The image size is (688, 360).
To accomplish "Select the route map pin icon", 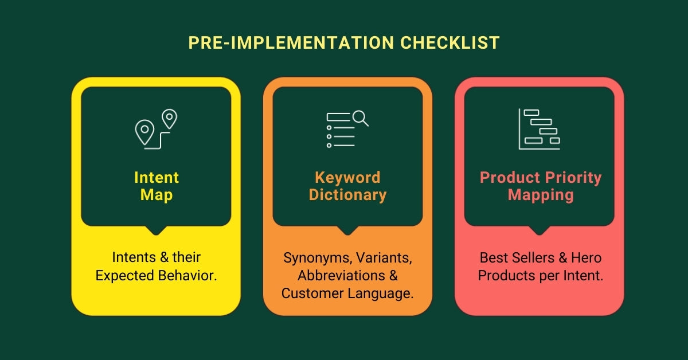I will [155, 129].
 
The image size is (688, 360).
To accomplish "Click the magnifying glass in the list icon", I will [360, 118].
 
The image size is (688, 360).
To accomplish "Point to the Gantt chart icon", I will [539, 129].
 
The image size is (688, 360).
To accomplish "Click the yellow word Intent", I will [157, 177].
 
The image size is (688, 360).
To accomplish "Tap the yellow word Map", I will [157, 195].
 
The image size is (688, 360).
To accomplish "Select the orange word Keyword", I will [347, 177].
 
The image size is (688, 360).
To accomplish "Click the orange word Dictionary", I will [347, 195].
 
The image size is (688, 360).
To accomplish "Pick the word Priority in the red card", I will [570, 177].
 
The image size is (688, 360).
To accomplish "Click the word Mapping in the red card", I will [540, 195].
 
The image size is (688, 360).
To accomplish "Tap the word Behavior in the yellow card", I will [187, 275].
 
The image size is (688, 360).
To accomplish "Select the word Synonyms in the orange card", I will [313, 257].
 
